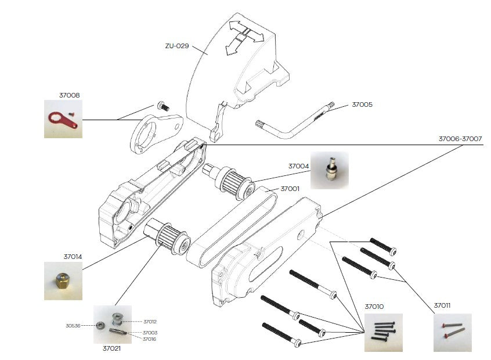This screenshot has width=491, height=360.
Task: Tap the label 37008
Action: [x=69, y=95]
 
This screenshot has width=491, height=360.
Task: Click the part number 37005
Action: [x=362, y=105]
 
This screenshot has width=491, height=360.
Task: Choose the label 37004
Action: [x=298, y=165]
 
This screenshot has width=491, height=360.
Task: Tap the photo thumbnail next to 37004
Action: [x=329, y=171]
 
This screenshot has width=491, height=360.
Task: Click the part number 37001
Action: [x=290, y=189]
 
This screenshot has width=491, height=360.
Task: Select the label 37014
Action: [x=73, y=256]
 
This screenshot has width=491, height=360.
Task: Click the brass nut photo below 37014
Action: [x=63, y=281]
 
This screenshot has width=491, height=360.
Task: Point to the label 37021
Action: [x=112, y=348]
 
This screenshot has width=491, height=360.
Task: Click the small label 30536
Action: [x=73, y=326]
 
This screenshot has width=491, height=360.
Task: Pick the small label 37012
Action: [x=150, y=321]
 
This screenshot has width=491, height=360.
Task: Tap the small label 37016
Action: [x=149, y=339]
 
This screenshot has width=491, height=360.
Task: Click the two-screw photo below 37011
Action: [x=453, y=332]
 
